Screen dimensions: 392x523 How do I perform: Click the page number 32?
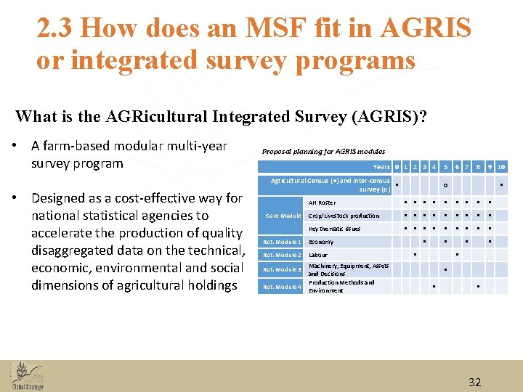point(475,382)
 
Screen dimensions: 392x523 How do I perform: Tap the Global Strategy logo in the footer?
point(26,376)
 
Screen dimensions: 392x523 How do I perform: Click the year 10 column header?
point(501,167)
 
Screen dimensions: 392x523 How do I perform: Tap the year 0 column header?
point(397,167)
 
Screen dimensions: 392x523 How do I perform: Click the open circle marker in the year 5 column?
point(445,185)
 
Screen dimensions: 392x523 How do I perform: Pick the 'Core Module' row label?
point(283,216)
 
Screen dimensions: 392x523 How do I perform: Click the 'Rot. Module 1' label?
point(282,242)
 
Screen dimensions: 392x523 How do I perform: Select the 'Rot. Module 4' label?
point(282,287)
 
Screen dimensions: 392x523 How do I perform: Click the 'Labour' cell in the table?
point(318,256)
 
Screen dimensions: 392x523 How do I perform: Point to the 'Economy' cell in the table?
point(321,242)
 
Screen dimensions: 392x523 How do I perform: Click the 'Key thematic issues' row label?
point(334,229)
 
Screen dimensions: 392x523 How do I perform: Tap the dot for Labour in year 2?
point(415,255)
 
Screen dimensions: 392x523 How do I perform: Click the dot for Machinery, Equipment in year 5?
point(445,269)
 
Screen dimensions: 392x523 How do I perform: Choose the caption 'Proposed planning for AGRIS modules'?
point(323,151)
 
